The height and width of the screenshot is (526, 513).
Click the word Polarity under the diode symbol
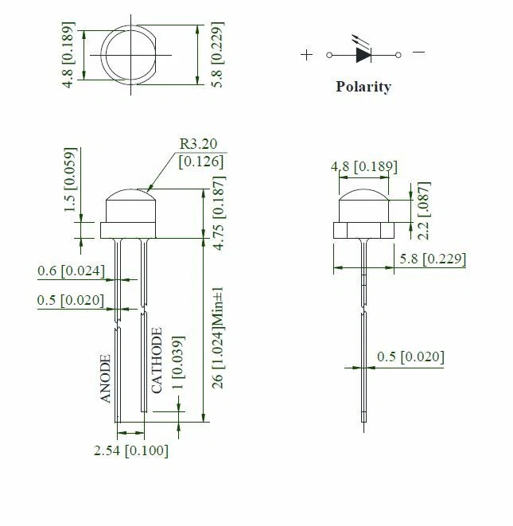point(363,87)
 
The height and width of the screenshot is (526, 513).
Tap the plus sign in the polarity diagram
point(307,55)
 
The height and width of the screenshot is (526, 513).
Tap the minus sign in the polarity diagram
point(418,53)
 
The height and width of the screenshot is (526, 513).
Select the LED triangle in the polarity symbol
point(363,55)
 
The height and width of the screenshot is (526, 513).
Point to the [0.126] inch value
point(200,162)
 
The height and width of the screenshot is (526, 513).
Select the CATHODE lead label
point(157,360)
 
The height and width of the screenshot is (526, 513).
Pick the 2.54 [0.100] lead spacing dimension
point(131,451)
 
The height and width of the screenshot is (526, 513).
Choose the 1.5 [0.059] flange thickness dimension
point(69,179)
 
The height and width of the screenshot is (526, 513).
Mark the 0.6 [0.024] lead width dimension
point(71,271)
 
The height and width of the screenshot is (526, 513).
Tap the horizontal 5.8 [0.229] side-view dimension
point(433,259)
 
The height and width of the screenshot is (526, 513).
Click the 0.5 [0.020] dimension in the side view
point(410,356)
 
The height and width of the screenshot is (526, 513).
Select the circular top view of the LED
point(132,54)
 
